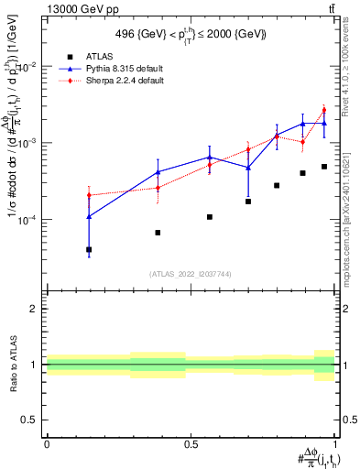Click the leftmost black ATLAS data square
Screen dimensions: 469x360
pos(89,249)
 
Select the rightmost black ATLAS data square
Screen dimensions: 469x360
pos(324,167)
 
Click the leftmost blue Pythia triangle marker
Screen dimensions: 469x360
pos(89,216)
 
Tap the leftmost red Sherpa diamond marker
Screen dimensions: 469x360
pos(89,195)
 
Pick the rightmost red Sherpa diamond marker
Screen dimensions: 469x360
pos(324,110)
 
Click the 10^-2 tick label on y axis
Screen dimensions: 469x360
pos(28,67)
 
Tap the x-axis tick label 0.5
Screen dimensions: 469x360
pos(191,443)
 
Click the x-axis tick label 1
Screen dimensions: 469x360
pos(334,443)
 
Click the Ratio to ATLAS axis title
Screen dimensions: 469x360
pos(11,364)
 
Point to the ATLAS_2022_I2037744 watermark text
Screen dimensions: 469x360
pos(191,274)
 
